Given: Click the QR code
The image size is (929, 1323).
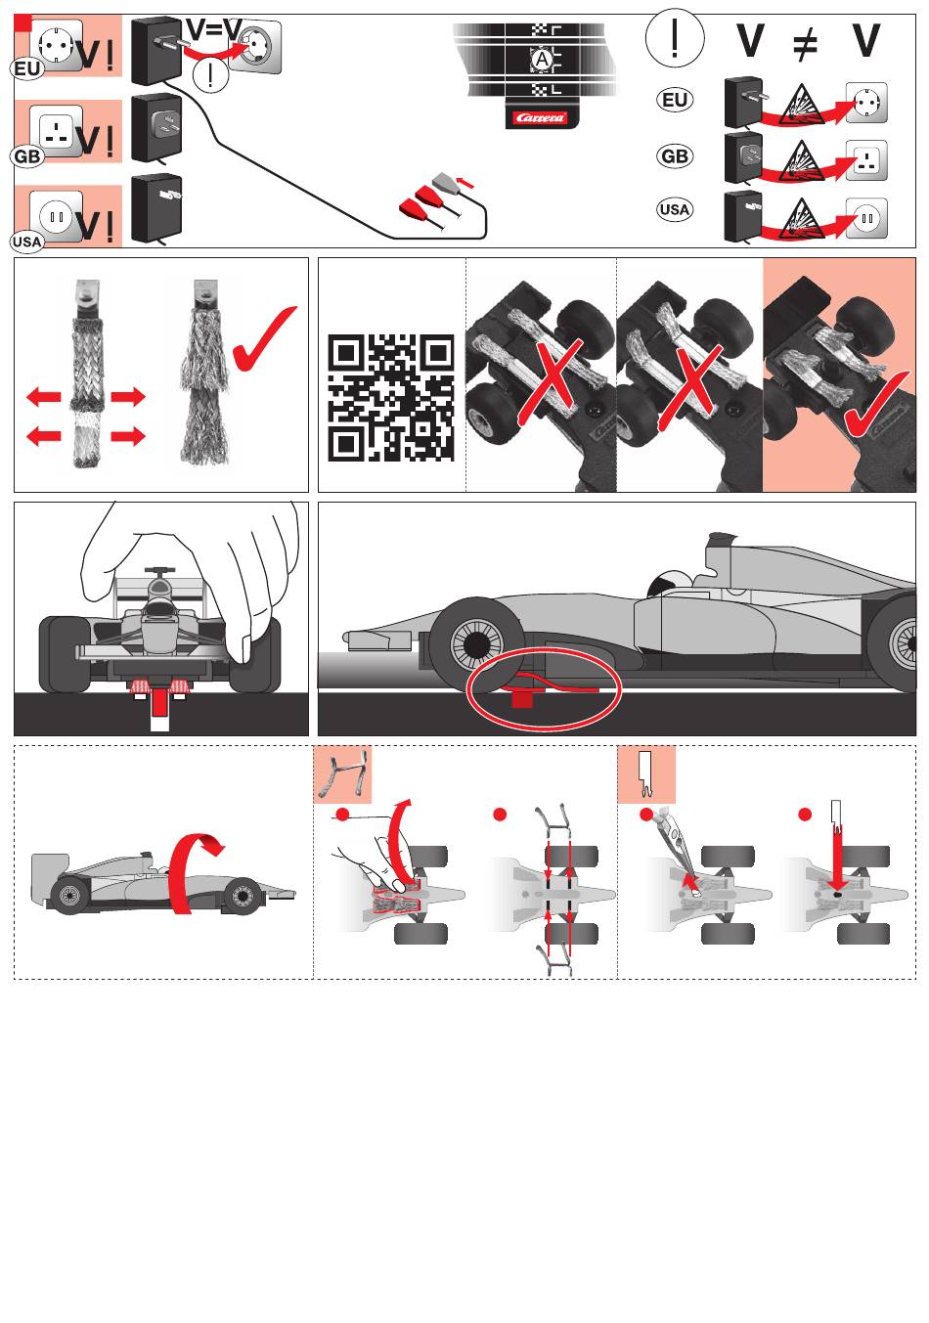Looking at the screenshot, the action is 391,398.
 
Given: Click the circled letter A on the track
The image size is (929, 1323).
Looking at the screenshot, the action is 542,60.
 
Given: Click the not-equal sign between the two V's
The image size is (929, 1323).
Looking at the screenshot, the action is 805,42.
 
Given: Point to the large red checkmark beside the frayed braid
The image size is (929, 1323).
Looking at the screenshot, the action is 264,338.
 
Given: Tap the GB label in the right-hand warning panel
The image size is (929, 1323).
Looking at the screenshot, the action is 675,156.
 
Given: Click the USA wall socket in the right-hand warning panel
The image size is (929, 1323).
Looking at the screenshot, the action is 866,218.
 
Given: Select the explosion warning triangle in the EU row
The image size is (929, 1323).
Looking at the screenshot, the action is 801,105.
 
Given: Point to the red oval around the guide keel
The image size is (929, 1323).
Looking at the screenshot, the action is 544,688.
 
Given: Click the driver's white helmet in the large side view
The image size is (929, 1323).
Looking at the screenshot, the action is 667,583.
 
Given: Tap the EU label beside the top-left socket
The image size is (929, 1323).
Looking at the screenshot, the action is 27,69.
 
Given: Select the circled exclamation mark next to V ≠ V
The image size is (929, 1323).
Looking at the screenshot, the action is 675,38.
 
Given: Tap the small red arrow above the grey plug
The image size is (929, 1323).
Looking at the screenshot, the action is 465,181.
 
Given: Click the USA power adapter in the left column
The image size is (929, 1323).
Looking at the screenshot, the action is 155,207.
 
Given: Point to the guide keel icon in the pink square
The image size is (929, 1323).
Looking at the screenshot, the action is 646,773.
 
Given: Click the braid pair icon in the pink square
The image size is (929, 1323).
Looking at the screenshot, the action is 342,773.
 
